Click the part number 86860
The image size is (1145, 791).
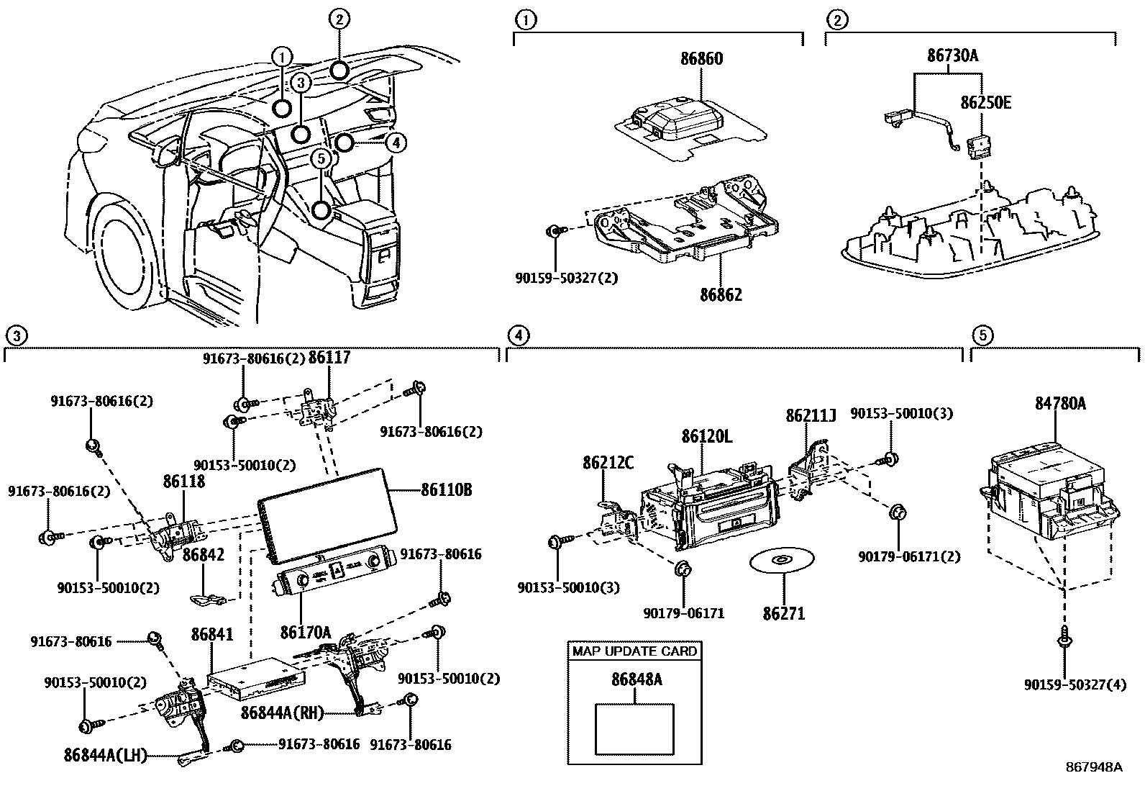pos(701,59)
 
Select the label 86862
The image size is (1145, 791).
pos(721,294)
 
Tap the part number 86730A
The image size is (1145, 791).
pos(953,55)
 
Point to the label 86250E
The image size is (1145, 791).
pos(986,103)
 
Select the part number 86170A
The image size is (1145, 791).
pos(306,633)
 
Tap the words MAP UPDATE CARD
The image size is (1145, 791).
pos(634,651)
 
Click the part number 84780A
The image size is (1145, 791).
pos(1060,404)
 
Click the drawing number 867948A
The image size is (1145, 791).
pos(1093,767)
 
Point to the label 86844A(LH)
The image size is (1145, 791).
pos(105,755)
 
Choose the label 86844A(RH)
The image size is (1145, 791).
pos(282,713)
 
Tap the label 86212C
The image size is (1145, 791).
pos(608,463)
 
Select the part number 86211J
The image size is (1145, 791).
pos(811,416)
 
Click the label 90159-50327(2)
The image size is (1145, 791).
pos(567,277)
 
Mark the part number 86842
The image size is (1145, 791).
pos(204,555)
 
